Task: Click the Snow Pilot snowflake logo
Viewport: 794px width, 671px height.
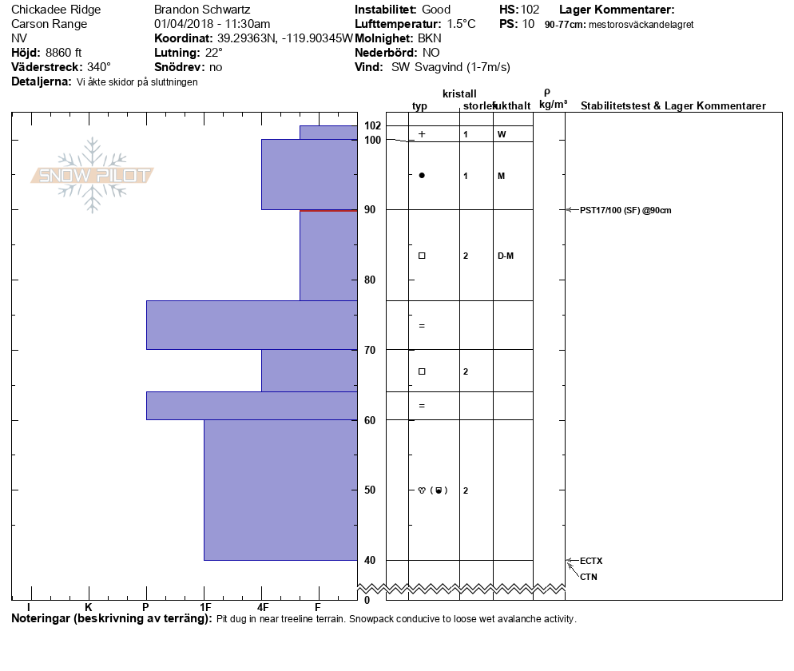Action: coord(92,175)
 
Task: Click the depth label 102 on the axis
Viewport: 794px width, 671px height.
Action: coord(372,125)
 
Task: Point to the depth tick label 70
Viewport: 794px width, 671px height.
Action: coord(370,350)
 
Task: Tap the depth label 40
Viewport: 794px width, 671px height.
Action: coord(370,560)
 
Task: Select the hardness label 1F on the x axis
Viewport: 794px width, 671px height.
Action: coord(205,607)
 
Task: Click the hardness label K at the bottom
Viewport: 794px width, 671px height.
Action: coord(88,607)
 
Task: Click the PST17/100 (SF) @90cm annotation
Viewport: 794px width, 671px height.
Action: coord(625,210)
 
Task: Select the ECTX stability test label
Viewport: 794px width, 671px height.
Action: coord(591,561)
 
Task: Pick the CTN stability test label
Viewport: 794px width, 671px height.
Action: coord(589,577)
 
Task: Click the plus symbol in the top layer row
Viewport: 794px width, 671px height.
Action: coord(422,134)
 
